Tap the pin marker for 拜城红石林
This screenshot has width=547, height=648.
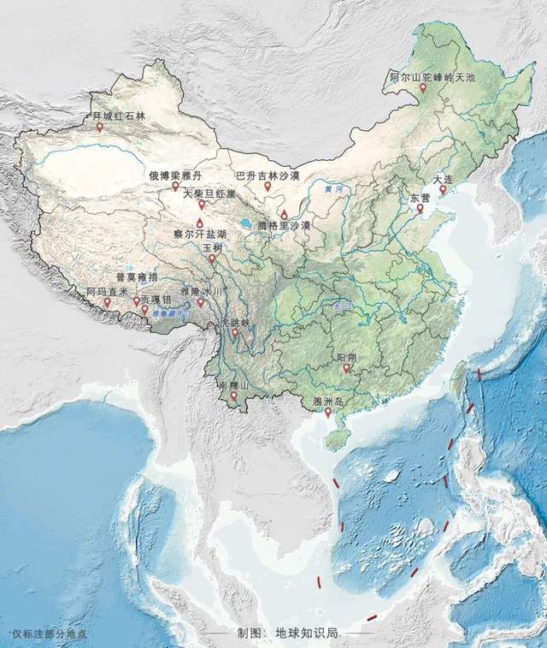tap(99, 128)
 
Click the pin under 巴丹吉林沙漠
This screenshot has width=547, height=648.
tap(268, 186)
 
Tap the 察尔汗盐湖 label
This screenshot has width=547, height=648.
tap(199, 234)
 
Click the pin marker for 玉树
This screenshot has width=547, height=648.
tap(212, 257)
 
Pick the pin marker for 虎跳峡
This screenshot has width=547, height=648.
tap(234, 333)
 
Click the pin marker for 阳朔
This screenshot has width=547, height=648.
tap(347, 369)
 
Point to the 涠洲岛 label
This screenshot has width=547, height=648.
tap(328, 401)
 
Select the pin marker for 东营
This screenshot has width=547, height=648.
tap(420, 208)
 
